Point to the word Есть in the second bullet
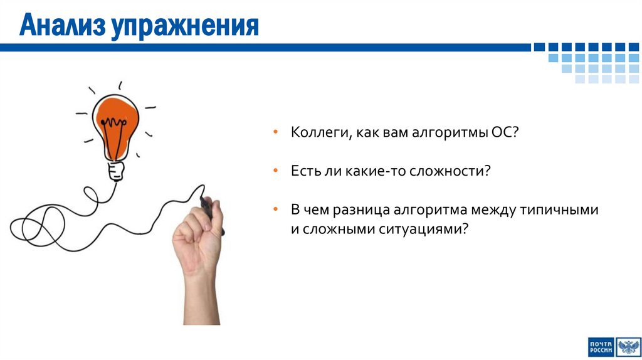(303, 171)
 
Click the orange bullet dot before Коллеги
(276, 134)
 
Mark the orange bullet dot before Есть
(276, 171)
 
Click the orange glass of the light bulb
(115, 123)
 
